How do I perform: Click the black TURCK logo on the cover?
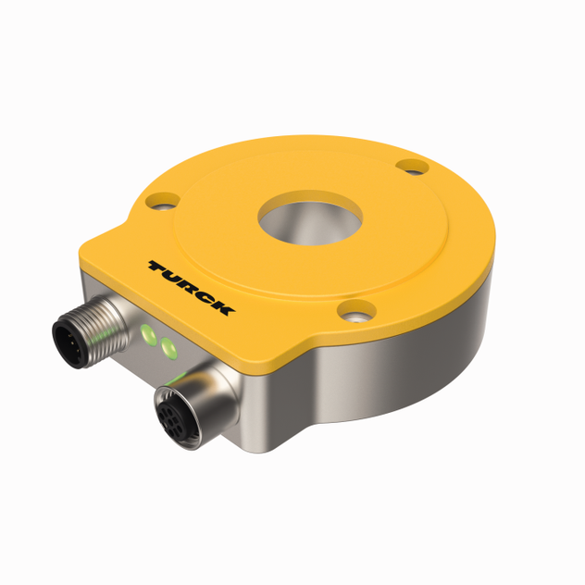pos(191,288)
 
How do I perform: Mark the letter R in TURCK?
pos(189,287)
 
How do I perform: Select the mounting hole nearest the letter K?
pos(355,314)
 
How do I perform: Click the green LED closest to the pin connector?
pos(145,333)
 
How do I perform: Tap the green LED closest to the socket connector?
pos(168,347)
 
